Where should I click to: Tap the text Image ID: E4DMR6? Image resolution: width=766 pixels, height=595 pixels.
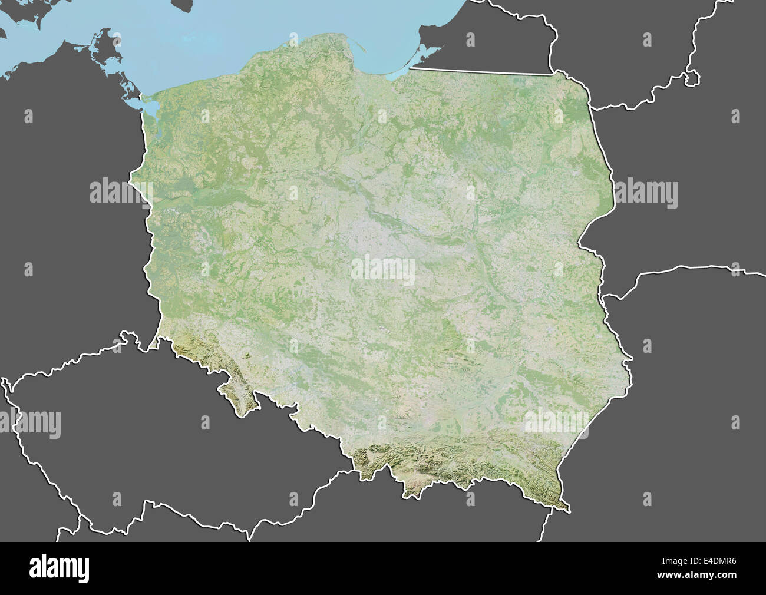[x=707, y=562]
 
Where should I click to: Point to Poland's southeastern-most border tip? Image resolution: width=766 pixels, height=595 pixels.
[x=569, y=510]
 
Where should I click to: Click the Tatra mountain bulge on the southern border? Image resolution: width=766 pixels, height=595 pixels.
[x=412, y=486]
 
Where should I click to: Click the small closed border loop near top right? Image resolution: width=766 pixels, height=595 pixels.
[x=692, y=78]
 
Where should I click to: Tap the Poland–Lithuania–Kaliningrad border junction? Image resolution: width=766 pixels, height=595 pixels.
[x=554, y=74]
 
